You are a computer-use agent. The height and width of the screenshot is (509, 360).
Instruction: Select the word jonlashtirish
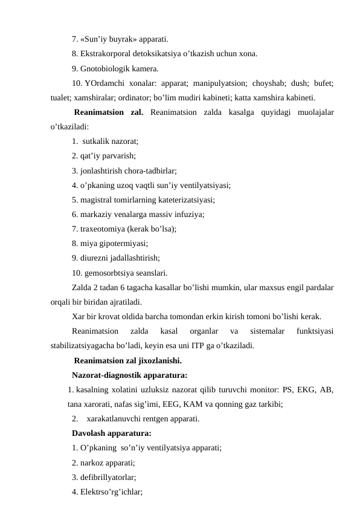(x=105, y=170)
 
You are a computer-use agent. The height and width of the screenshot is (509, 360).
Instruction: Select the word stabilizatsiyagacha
(x=88, y=346)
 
